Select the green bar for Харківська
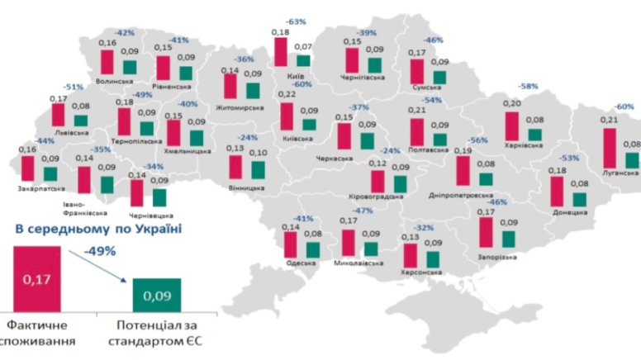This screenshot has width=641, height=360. tap(534, 134)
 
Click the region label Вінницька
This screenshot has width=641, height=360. tap(246, 187)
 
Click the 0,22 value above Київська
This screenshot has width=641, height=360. tap(287, 95)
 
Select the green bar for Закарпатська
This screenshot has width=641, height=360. tap(50, 173)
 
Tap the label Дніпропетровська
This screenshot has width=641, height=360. tap(462, 196)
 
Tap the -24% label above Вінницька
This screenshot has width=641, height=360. tap(248, 137)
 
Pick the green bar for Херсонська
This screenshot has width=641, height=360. tap(433, 259)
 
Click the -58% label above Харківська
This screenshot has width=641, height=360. tap(528, 87)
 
